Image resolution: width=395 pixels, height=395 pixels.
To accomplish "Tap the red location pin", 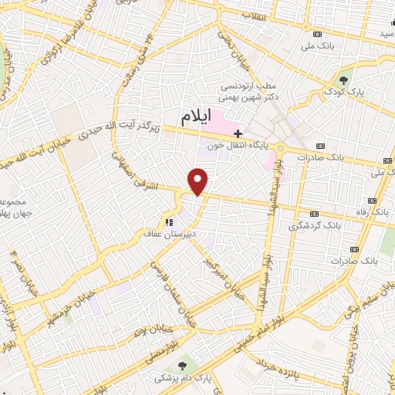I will (199, 181).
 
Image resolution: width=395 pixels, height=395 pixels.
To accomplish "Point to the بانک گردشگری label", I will (314, 226).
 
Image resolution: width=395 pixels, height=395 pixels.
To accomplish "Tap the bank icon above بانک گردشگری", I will (314, 214).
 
